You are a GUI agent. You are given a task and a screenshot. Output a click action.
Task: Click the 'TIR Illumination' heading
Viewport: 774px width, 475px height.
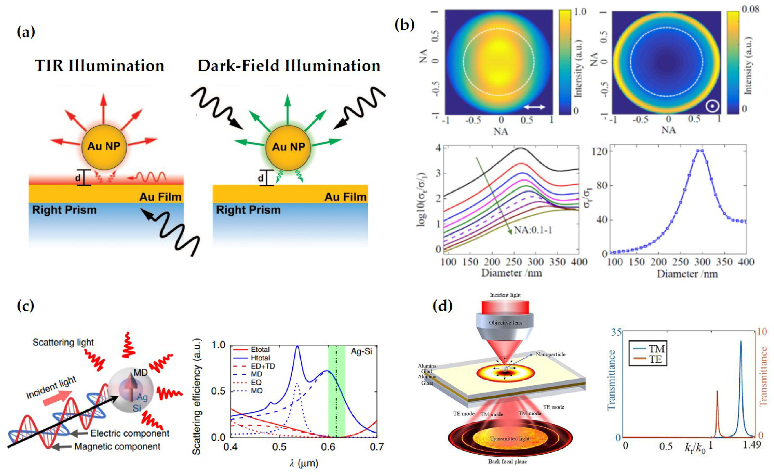(x=99, y=66)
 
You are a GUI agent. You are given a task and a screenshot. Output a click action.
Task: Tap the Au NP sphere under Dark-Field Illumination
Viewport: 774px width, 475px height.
(x=288, y=147)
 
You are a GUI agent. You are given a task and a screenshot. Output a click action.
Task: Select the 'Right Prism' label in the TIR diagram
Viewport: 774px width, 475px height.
(x=64, y=210)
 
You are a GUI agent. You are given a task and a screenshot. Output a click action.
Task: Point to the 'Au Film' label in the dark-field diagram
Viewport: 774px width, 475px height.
(x=345, y=197)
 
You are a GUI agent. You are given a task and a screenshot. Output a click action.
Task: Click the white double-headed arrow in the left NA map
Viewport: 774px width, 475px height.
(x=534, y=107)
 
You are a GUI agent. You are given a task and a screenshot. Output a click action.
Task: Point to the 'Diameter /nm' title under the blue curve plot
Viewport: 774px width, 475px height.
(x=687, y=274)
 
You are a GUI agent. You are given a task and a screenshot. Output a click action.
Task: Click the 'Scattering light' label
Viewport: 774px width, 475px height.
(x=63, y=342)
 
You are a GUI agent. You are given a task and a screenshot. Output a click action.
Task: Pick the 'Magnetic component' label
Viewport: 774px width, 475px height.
(x=117, y=446)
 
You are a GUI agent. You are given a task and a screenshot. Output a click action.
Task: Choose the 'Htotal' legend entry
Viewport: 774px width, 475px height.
(x=260, y=358)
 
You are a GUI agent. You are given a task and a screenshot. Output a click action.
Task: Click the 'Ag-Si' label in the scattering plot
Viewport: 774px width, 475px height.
(x=361, y=351)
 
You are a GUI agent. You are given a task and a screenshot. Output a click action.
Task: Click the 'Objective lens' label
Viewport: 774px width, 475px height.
(x=505, y=323)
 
